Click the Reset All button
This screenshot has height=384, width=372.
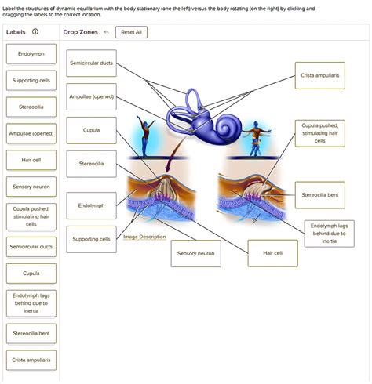(131, 32)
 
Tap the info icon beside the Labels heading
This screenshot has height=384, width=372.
(35, 31)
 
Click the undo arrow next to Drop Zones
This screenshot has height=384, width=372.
(106, 32)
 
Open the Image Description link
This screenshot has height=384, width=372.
(144, 237)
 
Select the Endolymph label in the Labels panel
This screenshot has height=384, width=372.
(31, 54)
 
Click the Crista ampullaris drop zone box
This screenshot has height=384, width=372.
(320, 75)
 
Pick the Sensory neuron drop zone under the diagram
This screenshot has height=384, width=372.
(196, 253)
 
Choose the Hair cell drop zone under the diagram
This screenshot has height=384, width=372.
(272, 253)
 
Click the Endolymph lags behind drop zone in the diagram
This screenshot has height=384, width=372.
(330, 234)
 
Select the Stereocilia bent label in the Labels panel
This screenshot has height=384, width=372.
(31, 334)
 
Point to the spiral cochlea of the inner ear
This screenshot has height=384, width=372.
(227, 127)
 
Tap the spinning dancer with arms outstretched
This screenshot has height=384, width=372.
(256, 139)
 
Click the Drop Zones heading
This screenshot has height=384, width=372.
(80, 32)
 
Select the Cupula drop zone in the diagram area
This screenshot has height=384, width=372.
(91, 130)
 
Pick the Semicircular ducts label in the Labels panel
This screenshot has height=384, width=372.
(31, 247)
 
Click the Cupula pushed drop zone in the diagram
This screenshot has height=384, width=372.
(320, 133)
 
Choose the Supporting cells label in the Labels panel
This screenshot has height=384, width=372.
(31, 81)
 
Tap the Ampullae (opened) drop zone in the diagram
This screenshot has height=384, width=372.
(91, 96)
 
